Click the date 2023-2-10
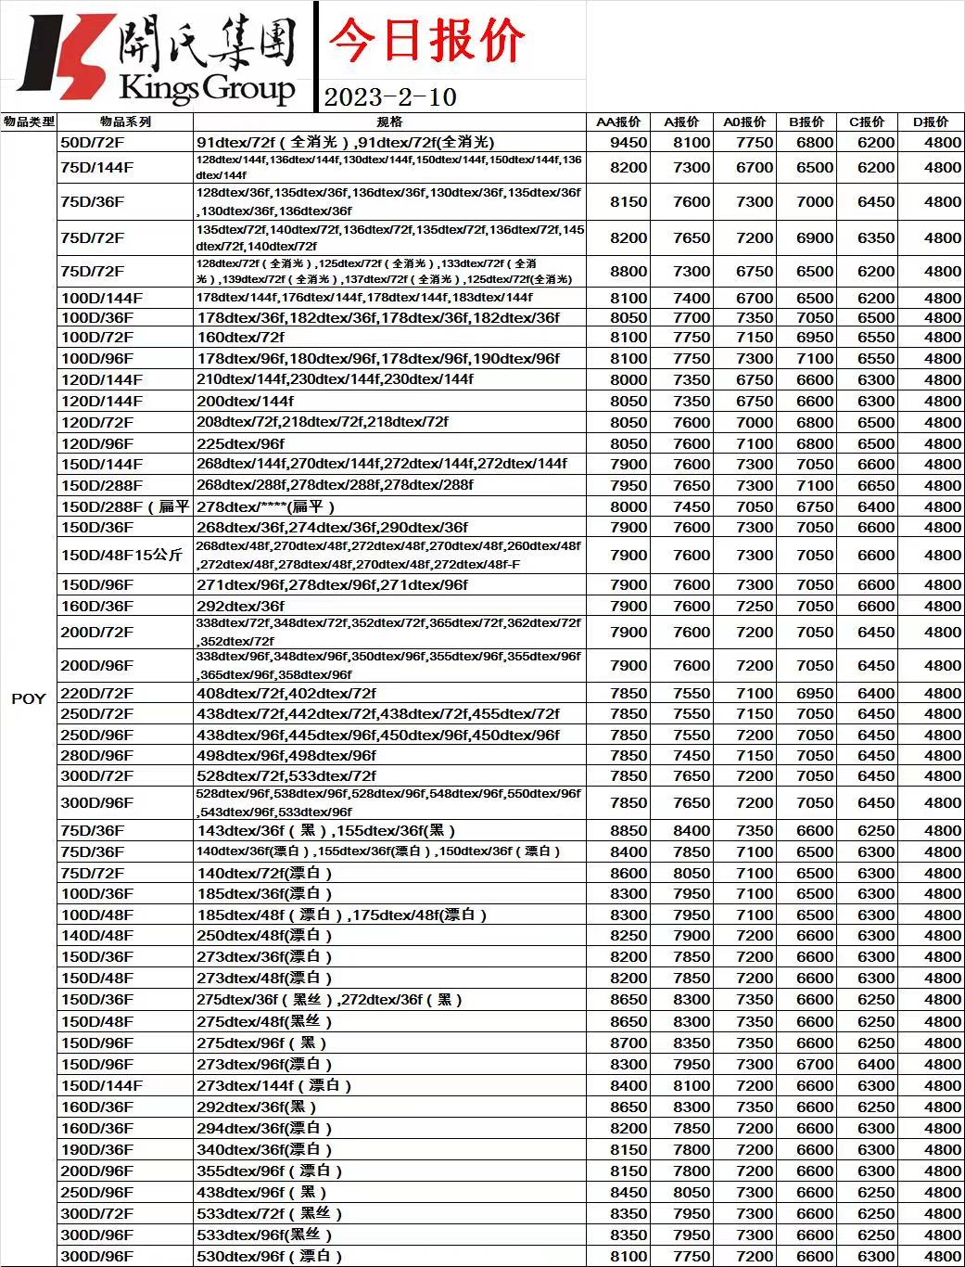(x=390, y=96)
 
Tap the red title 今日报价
(x=426, y=41)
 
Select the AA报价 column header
(x=618, y=122)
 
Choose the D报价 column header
(x=931, y=122)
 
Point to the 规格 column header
(x=390, y=122)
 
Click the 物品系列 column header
(x=125, y=122)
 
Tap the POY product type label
(x=29, y=698)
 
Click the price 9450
(x=629, y=142)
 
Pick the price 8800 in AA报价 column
(x=629, y=271)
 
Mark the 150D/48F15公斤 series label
(x=121, y=555)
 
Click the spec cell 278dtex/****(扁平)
(x=266, y=506)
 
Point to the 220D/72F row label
(x=96, y=693)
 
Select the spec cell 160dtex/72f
(x=241, y=337)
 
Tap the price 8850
(x=629, y=830)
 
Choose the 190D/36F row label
(x=96, y=1149)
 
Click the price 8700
(x=629, y=1043)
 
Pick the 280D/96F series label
(x=96, y=755)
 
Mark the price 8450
(x=629, y=1192)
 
